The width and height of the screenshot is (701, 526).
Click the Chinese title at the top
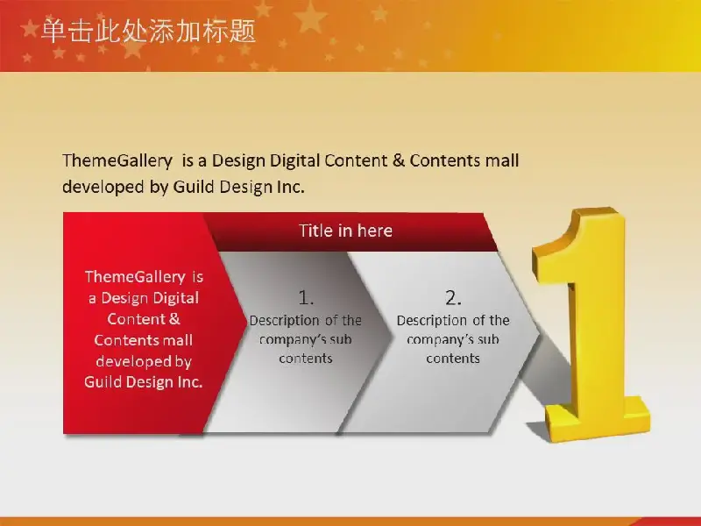[x=148, y=32]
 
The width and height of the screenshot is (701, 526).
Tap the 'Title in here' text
[x=345, y=231]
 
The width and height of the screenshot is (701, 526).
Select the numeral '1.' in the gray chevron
[x=306, y=298]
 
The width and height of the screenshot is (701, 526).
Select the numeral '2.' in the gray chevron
[x=453, y=298]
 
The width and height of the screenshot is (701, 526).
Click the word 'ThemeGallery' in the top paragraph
[x=117, y=160]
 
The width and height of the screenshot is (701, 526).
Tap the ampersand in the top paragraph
[x=399, y=160]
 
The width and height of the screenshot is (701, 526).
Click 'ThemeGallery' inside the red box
[x=135, y=277]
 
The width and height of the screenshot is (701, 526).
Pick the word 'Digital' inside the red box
[x=176, y=298]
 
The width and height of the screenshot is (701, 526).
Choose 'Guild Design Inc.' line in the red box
[x=144, y=382]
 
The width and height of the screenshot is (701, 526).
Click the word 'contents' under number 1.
[x=306, y=359]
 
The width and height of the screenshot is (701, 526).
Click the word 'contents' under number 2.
[x=453, y=359]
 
